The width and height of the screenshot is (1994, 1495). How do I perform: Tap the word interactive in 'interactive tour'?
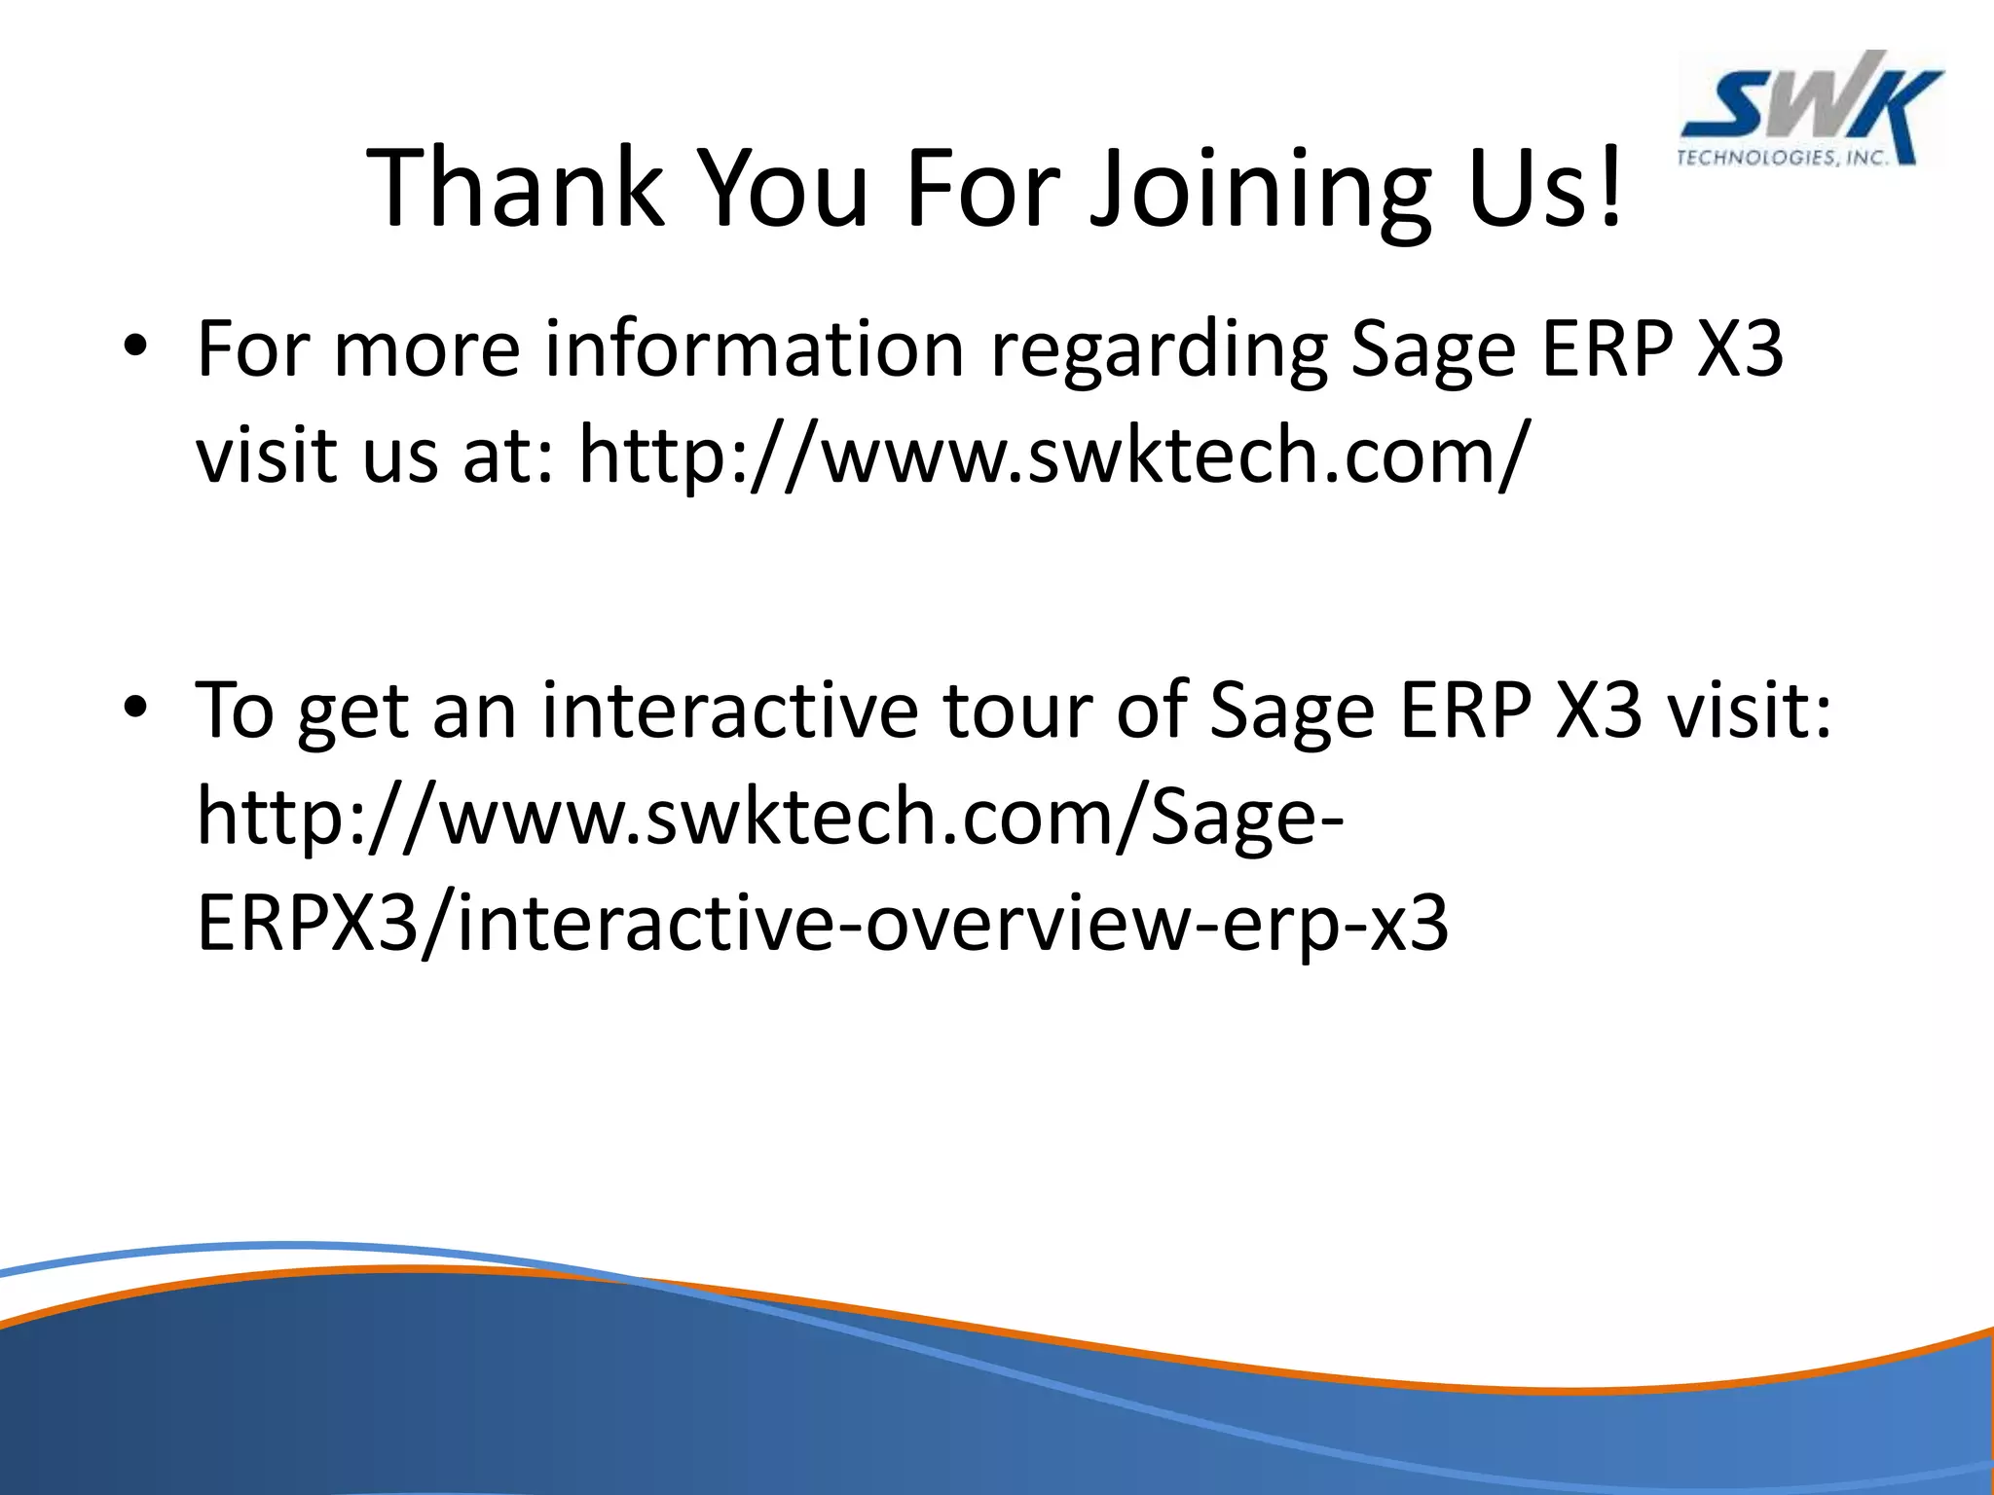(730, 711)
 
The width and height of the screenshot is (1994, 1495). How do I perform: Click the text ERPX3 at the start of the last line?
(306, 923)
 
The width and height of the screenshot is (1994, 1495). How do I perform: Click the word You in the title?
(784, 187)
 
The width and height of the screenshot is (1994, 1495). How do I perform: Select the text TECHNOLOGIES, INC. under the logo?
(1782, 158)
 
